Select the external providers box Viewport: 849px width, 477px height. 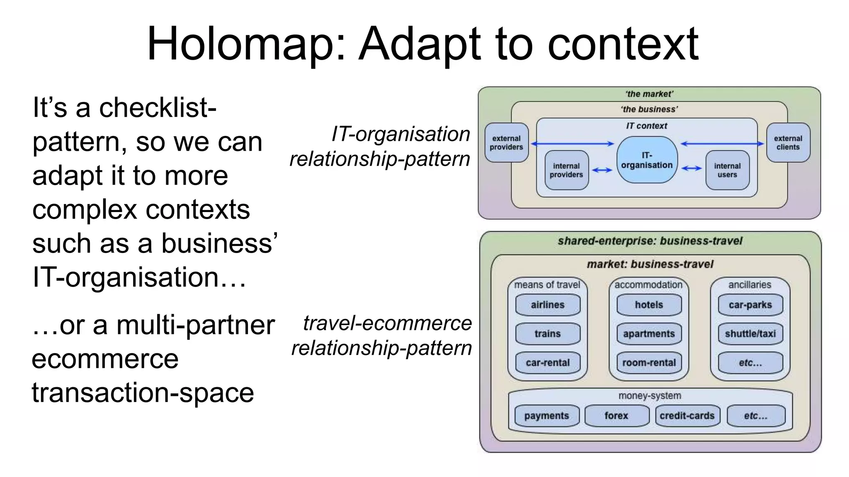[506, 143]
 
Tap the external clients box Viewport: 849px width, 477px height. [788, 143]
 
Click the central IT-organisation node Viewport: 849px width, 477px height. [647, 160]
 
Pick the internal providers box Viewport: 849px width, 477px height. [566, 170]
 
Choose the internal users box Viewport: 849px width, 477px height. [727, 170]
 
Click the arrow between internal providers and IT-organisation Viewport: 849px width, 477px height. [602, 170]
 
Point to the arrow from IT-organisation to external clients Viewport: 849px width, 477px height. [722, 144]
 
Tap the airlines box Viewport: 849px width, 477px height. [548, 305]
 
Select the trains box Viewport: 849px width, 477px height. [548, 334]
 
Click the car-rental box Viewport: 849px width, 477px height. [548, 363]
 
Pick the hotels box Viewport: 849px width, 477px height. [649, 305]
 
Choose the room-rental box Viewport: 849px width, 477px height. [649, 363]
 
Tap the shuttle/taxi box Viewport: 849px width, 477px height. [750, 334]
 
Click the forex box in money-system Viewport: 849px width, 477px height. [616, 416]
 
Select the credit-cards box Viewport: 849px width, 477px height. [687, 416]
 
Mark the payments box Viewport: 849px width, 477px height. [546, 416]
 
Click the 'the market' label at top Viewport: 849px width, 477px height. [649, 94]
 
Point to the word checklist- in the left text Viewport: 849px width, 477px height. [158, 108]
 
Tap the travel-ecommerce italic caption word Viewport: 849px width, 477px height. [387, 323]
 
